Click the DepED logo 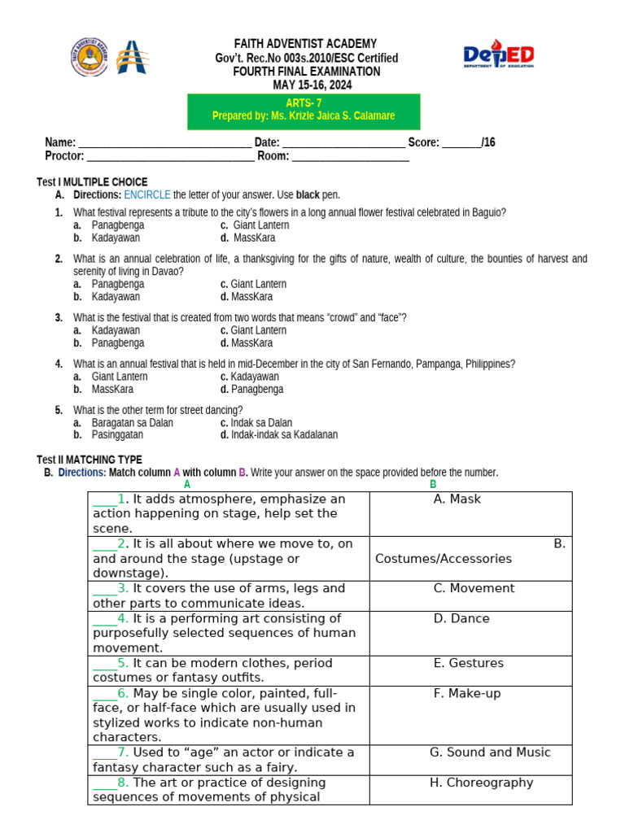click(498, 56)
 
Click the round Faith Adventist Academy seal click(89, 57)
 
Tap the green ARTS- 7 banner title click(304, 102)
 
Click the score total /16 click(487, 142)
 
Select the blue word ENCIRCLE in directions click(147, 195)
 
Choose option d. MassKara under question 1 click(253, 238)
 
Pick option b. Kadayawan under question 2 click(115, 297)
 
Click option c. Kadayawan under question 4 click(253, 377)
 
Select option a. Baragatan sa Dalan click(131, 423)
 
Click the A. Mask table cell click(470, 513)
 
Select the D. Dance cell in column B click(470, 633)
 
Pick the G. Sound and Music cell click(470, 760)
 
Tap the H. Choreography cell click(470, 789)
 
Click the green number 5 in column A click(123, 663)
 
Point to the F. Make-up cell click(470, 715)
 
